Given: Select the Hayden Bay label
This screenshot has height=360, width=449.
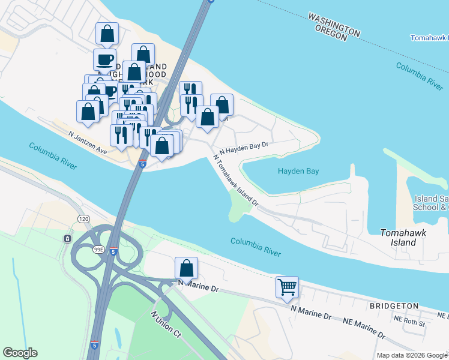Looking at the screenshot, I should coord(298,171).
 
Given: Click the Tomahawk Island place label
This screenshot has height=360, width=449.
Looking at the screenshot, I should coord(399,237).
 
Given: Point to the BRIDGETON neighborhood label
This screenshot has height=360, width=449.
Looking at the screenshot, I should coord(394,306).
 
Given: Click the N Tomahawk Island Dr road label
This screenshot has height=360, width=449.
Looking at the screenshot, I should coord(236,180).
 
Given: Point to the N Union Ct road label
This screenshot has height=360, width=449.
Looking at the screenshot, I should coord(166,323).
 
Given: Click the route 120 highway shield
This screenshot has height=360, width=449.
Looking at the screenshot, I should coord(81,219).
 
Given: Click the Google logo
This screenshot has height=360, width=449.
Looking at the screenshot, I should coord(20,353).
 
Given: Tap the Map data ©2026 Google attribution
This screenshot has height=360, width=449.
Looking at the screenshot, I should coord(411,355).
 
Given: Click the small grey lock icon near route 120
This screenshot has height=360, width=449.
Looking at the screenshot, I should coord(67,239).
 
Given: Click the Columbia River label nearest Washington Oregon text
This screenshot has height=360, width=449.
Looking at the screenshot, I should coord(420,76).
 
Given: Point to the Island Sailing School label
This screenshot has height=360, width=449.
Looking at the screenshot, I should coord(432,203).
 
